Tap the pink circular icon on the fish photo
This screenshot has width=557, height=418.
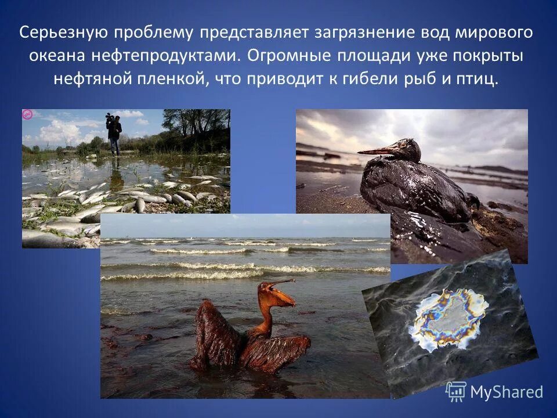(27, 114)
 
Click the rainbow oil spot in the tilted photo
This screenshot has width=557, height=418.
(447, 318)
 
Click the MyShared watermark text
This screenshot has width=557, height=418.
(506, 392)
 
